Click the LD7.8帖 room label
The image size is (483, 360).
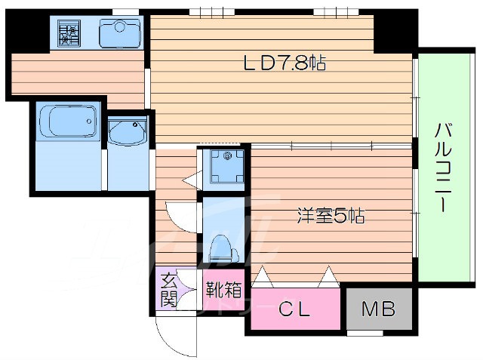point(285,63)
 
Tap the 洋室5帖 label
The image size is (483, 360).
point(331,215)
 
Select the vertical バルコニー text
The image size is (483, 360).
point(443,168)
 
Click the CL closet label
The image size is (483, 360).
point(294,309)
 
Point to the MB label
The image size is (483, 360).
point(379,309)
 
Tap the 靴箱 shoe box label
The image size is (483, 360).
point(223,290)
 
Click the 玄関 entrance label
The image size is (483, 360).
point(169,291)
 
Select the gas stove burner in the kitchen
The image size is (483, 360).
point(69,33)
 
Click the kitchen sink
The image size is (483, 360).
point(119,33)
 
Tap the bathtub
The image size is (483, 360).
point(69,122)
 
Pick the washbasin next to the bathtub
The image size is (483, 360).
point(128,133)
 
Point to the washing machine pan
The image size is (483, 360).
point(227,167)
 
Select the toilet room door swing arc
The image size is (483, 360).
point(180,217)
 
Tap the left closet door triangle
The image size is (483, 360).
point(263,276)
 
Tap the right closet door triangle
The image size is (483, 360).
point(328,276)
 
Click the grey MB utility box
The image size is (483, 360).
point(379,309)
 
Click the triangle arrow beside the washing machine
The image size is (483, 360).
point(192,180)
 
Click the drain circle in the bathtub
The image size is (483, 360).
point(89,121)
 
